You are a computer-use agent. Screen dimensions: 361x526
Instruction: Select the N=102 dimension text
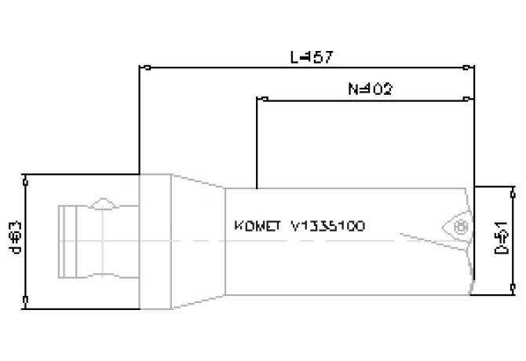pyautogui.click(x=369, y=89)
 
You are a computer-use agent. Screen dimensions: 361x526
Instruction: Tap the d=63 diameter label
pyautogui.click(x=13, y=237)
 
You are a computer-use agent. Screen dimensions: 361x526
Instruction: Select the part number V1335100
pyautogui.click(x=327, y=226)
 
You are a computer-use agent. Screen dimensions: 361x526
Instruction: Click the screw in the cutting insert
pyautogui.click(x=461, y=227)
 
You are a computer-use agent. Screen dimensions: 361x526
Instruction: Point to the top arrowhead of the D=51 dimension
pyautogui.click(x=513, y=190)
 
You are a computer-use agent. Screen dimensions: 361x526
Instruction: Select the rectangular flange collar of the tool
pyautogui.click(x=155, y=239)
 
